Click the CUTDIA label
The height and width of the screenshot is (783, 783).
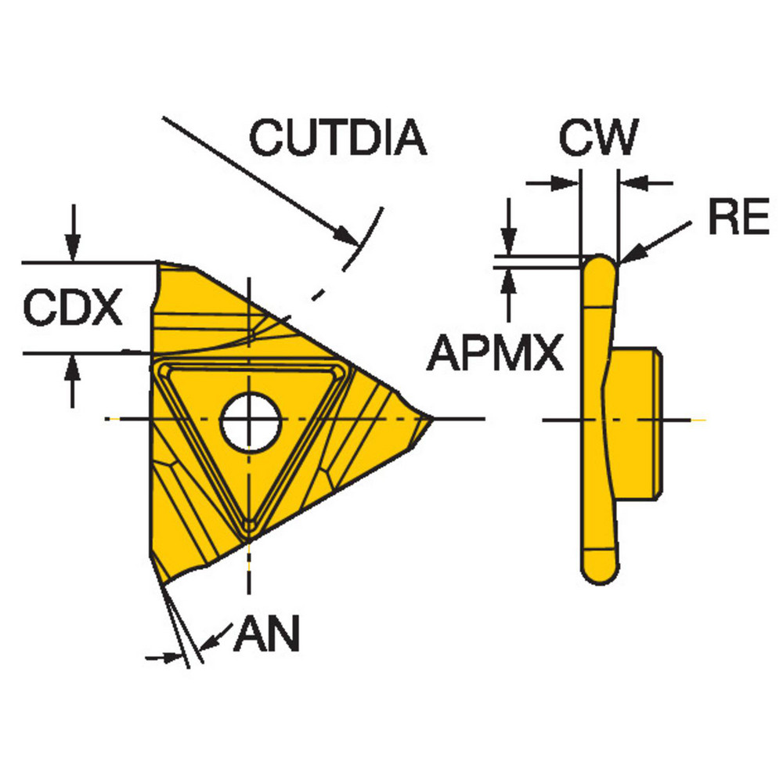point(337,138)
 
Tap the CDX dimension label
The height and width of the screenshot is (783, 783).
point(72,308)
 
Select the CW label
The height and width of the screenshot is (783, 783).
point(598,138)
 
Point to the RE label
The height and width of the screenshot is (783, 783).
point(738,219)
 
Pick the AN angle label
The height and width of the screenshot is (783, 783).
point(266,635)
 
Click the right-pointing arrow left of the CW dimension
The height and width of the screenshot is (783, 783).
point(567,184)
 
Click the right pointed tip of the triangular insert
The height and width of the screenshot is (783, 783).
point(431,419)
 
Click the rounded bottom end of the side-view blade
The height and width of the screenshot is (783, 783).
point(599,568)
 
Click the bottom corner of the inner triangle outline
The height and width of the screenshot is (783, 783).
point(249,525)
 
